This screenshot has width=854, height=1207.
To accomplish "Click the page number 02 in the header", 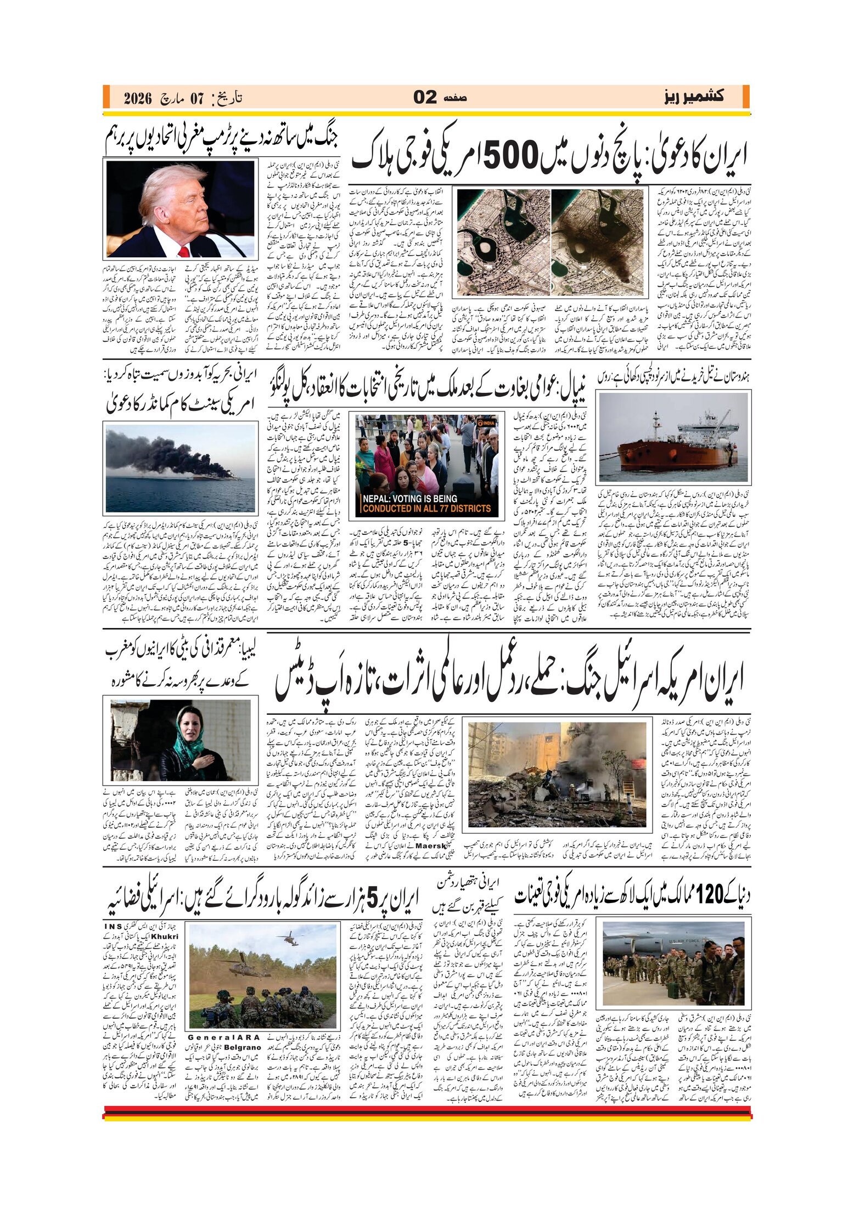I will point(425,97).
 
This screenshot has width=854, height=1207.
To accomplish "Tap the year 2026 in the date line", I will point(137,99).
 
